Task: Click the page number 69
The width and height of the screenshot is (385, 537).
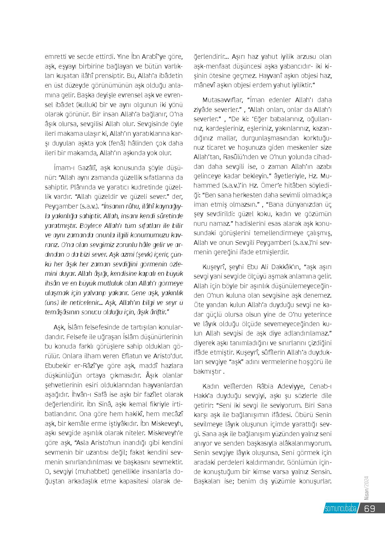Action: point(370,508)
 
